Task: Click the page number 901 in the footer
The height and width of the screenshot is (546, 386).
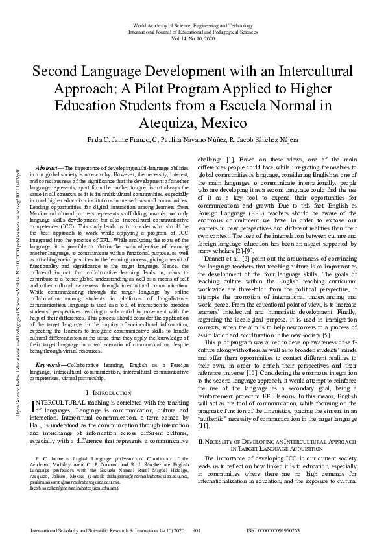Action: click(197, 530)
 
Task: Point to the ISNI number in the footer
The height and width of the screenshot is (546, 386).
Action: click(272, 530)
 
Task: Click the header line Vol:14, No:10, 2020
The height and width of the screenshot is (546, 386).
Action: click(193, 38)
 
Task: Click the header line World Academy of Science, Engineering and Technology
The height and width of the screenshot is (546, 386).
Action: click(193, 24)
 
